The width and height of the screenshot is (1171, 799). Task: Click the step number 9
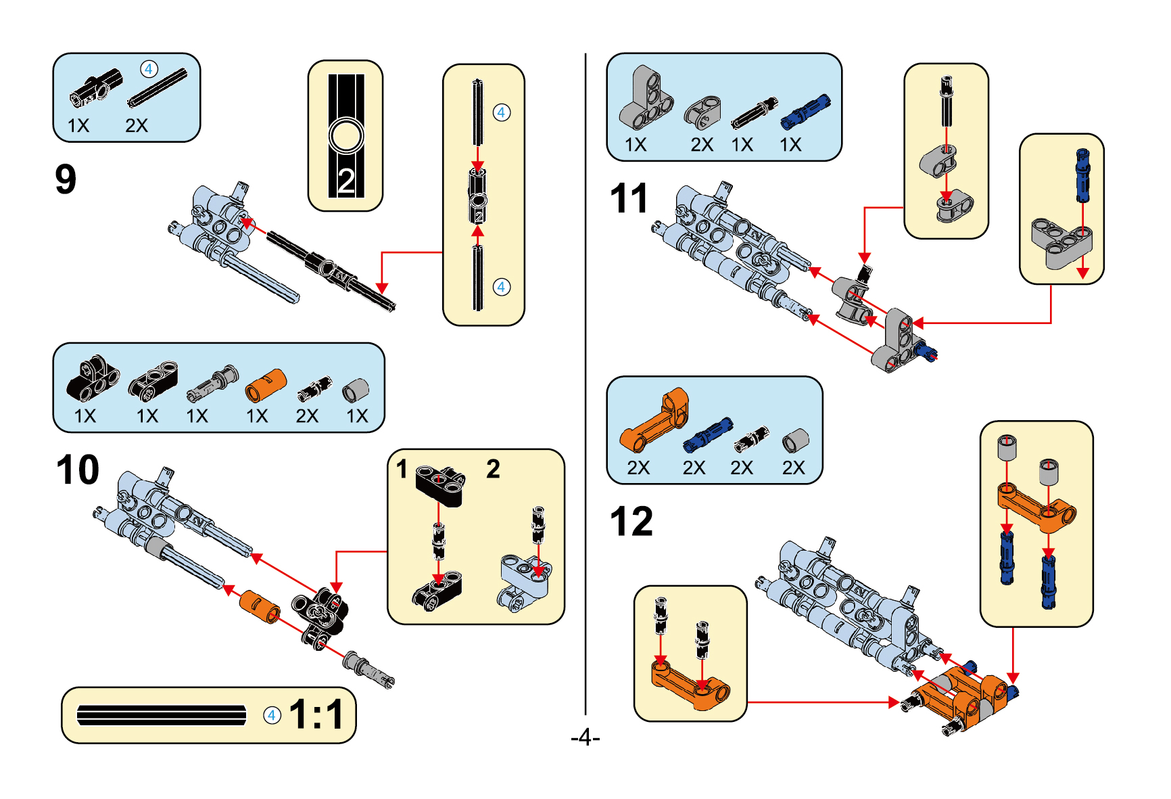pos(66,179)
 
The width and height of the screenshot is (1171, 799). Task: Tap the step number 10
pos(78,470)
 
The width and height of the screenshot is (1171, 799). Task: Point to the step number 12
pos(631,522)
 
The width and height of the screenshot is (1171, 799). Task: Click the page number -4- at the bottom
pos(585,737)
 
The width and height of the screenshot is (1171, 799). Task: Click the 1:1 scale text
pos(316,714)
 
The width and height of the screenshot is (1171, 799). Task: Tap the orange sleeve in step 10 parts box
pos(264,386)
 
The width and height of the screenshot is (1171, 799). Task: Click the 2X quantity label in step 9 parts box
pos(136,126)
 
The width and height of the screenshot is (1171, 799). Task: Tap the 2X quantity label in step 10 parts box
pos(306,416)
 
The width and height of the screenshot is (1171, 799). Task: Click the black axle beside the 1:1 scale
pos(162,715)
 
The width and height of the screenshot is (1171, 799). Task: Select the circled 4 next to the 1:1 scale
pos(272,715)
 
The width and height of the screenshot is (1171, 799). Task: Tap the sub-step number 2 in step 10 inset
pos(493,469)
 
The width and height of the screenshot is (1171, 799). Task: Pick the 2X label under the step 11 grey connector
pos(702,145)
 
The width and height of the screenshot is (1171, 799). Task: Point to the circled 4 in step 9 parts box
pos(149,69)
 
